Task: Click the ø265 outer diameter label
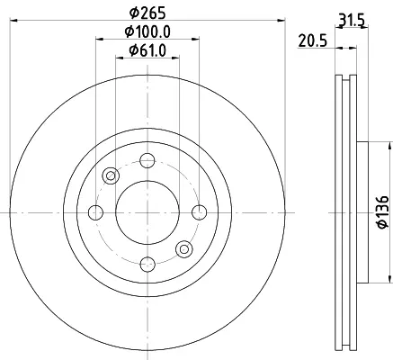point(147,13)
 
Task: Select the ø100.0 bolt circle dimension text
point(147,31)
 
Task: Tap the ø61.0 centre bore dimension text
point(147,50)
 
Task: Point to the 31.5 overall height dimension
point(352,21)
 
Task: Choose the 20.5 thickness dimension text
point(312,40)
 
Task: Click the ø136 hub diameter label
point(382,211)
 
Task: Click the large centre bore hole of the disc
point(147,212)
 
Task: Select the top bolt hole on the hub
point(147,160)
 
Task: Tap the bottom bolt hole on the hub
point(147,265)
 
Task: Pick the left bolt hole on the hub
point(95,212)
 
